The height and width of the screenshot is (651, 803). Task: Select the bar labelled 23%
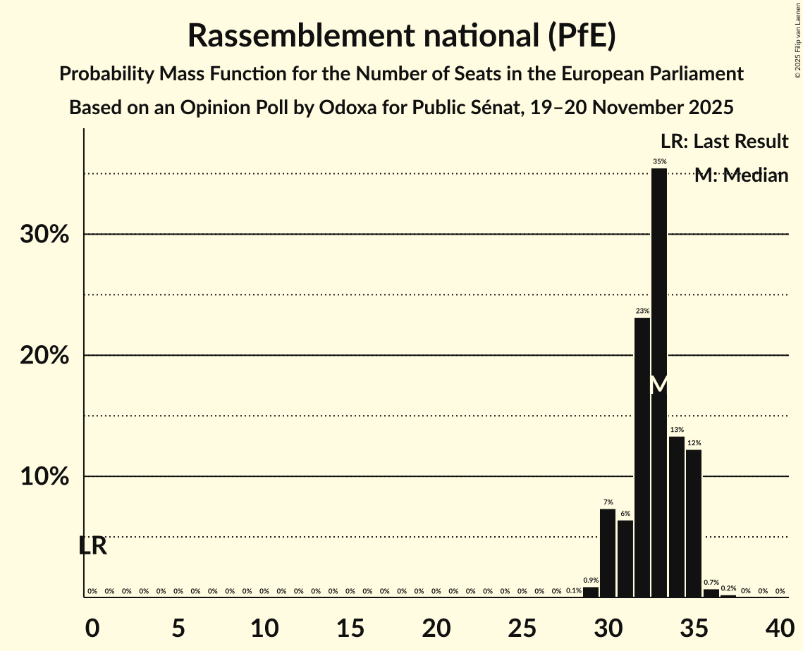click(642, 457)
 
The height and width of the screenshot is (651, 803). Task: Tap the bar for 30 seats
click(608, 553)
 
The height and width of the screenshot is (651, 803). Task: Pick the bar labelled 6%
click(625, 559)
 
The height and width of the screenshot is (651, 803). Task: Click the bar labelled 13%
click(677, 517)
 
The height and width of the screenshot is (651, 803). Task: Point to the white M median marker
click(659, 385)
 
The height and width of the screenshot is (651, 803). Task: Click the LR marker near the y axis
click(92, 546)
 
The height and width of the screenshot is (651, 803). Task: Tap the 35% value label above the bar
click(659, 161)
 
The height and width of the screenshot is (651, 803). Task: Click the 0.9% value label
click(591, 581)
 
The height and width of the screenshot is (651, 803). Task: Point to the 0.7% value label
click(711, 583)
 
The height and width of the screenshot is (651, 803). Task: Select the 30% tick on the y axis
click(44, 235)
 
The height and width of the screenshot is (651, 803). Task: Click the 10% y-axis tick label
click(44, 477)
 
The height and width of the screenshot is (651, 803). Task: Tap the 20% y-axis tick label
click(44, 356)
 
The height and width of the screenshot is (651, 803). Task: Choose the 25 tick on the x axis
click(522, 626)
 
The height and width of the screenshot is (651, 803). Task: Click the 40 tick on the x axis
click(780, 626)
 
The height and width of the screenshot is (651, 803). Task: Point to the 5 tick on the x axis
click(178, 626)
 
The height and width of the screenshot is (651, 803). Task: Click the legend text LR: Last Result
click(725, 142)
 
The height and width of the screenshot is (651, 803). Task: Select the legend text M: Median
click(741, 175)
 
